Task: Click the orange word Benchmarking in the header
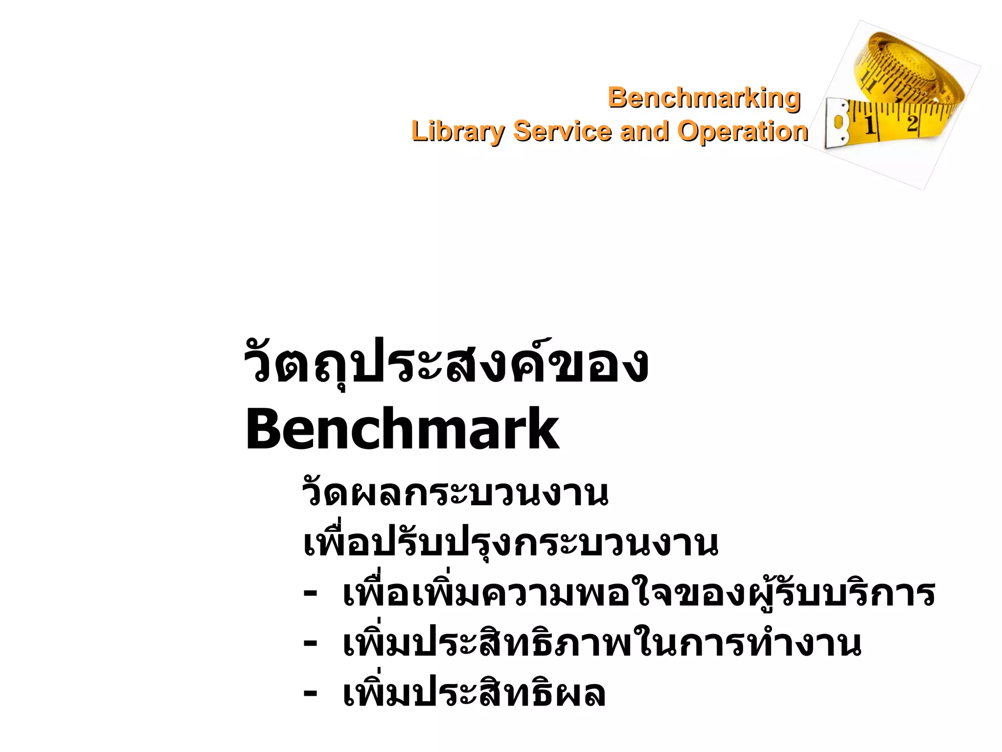point(704,98)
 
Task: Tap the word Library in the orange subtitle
point(457,131)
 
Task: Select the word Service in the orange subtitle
point(563,131)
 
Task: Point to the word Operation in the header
point(742,131)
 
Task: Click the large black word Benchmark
point(402,429)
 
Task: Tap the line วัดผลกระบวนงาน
point(455,493)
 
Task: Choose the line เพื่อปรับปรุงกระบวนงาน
point(510,543)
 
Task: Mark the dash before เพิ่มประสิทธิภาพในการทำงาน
point(310,643)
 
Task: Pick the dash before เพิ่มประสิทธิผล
point(310,693)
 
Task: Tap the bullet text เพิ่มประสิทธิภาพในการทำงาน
point(601,643)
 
